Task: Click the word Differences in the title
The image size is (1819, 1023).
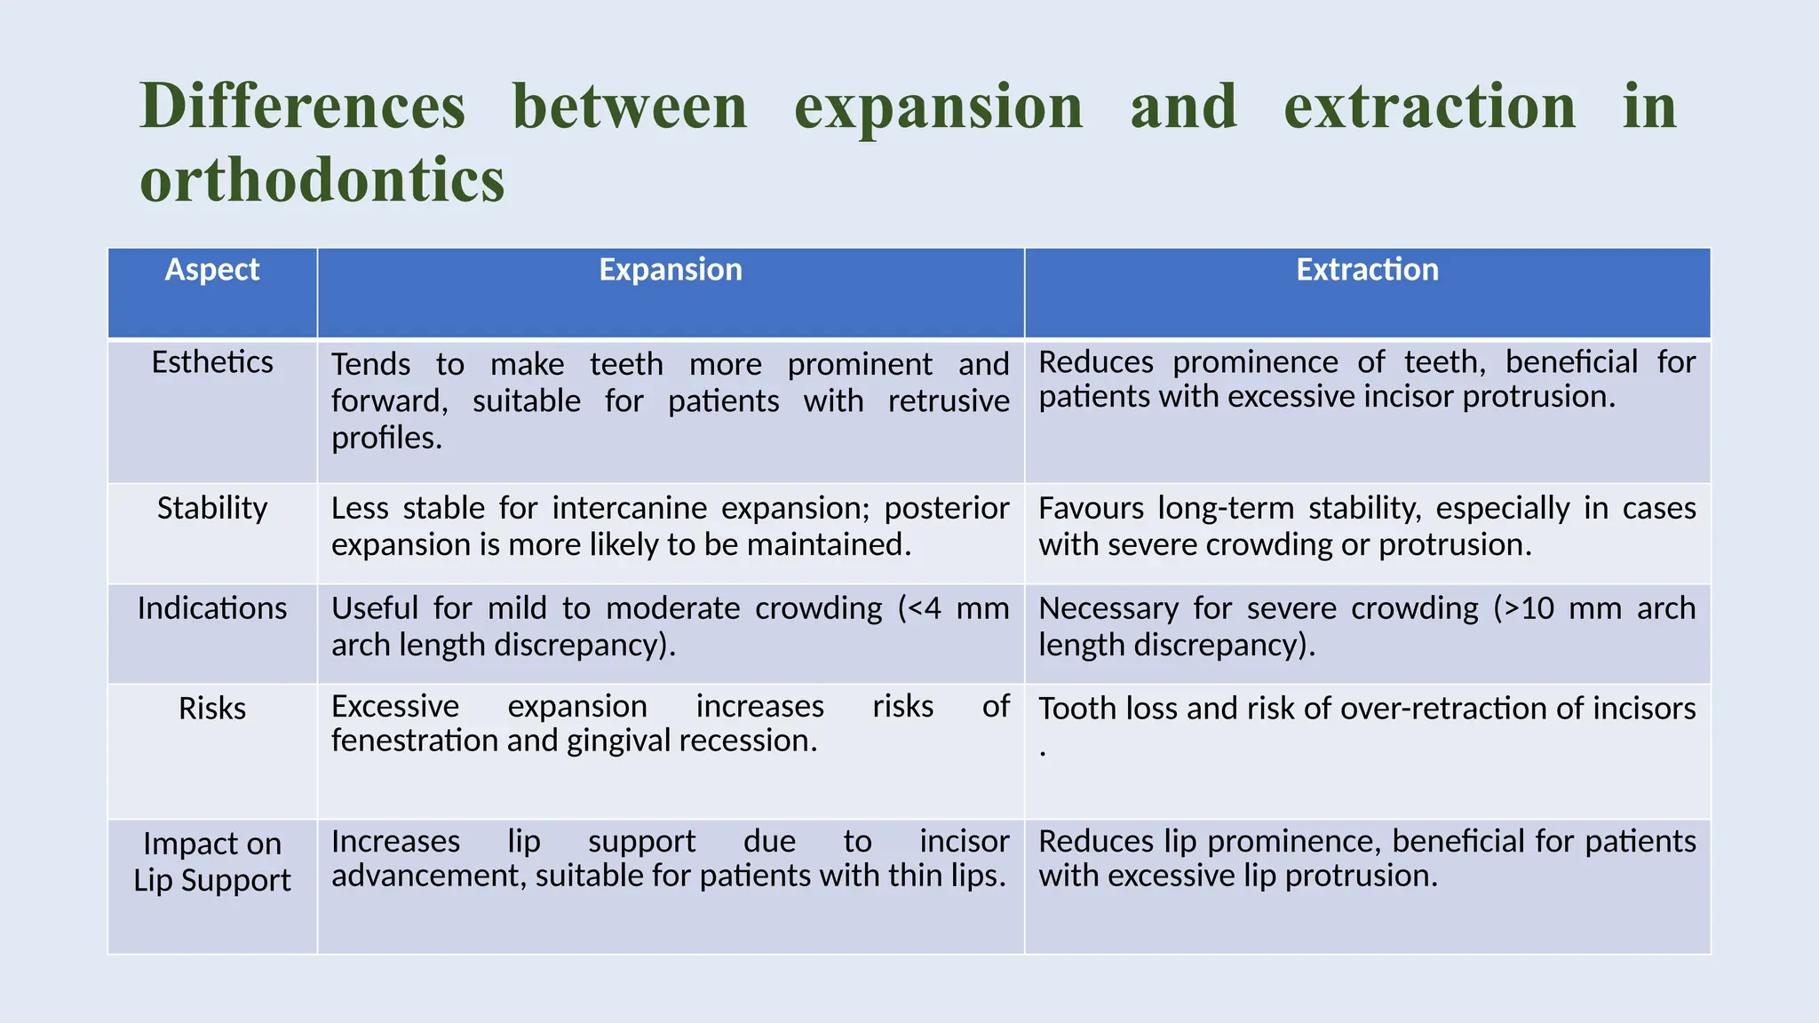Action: [x=303, y=107]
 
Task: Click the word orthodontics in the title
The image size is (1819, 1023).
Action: [x=322, y=180]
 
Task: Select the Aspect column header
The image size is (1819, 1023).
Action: [x=212, y=270]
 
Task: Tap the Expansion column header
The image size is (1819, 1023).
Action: [x=671, y=270]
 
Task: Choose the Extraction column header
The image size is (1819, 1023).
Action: [x=1367, y=270]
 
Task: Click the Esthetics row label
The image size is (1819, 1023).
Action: [x=212, y=362]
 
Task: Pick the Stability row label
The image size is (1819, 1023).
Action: [x=212, y=508]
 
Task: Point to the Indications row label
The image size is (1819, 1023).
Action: [x=212, y=608]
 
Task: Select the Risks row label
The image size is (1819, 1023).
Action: [x=212, y=709]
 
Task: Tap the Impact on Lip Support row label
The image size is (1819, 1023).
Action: [x=212, y=861]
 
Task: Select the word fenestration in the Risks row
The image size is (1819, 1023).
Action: [x=415, y=741]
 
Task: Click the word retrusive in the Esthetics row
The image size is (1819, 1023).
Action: [x=949, y=401]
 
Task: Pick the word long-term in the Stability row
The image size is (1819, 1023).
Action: [x=1226, y=508]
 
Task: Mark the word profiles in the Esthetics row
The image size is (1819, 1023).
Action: [x=386, y=438]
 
